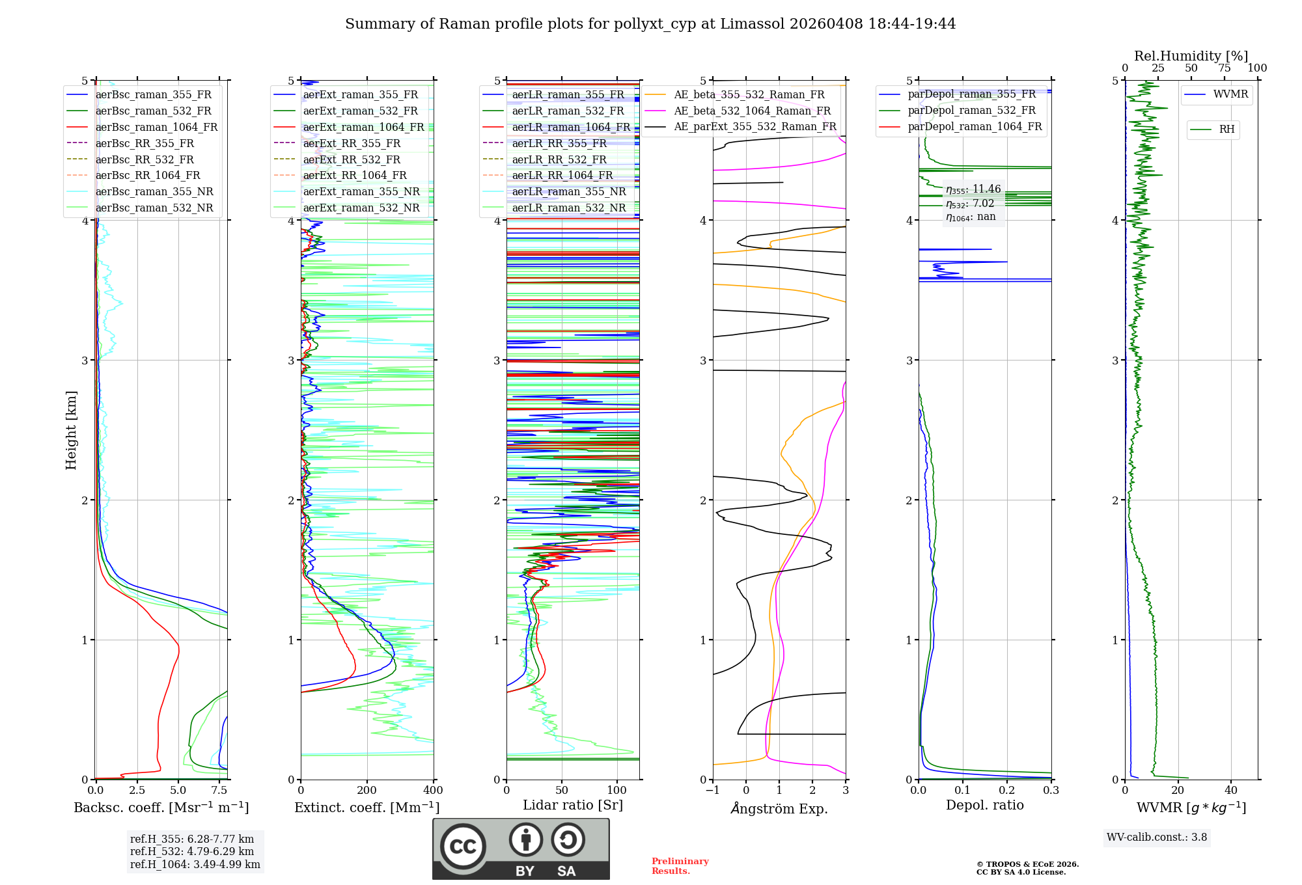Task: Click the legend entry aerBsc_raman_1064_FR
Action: (156, 127)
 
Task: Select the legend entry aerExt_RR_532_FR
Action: (352, 159)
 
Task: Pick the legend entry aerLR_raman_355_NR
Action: (568, 191)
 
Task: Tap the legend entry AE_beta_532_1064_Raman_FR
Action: (752, 111)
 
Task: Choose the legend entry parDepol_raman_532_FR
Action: (971, 111)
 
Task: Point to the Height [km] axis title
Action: (71, 430)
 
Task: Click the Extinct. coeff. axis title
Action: (367, 808)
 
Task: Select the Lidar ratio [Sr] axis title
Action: (573, 805)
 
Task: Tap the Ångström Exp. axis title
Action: (779, 808)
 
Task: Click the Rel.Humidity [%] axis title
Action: (1191, 56)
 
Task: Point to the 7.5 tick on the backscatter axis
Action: (219, 791)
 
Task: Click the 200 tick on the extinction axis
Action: (367, 791)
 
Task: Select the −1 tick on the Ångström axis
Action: (713, 791)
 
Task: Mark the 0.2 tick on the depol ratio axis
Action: (1007, 791)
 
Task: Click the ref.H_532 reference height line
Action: (192, 851)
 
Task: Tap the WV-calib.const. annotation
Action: (1157, 837)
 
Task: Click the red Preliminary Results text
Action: (680, 866)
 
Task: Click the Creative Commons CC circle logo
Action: (463, 847)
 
